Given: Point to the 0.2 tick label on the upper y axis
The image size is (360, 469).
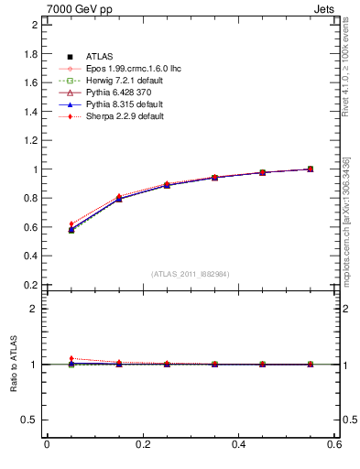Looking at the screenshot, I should (x=31, y=285).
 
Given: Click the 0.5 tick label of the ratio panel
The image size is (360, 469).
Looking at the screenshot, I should (x=31, y=420).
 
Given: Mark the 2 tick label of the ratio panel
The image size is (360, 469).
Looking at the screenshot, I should (x=35, y=309).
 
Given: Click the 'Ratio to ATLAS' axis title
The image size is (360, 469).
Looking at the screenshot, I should (x=14, y=365).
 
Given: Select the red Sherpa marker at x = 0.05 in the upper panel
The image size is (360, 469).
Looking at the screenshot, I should (x=71, y=224).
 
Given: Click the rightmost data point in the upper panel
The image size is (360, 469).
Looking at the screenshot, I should (x=310, y=169).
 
